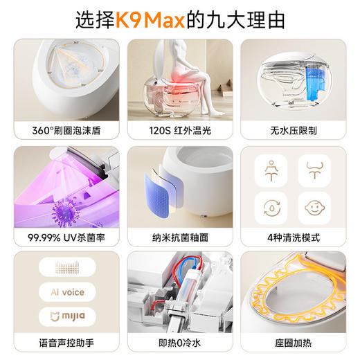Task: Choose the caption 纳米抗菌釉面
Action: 180,237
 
